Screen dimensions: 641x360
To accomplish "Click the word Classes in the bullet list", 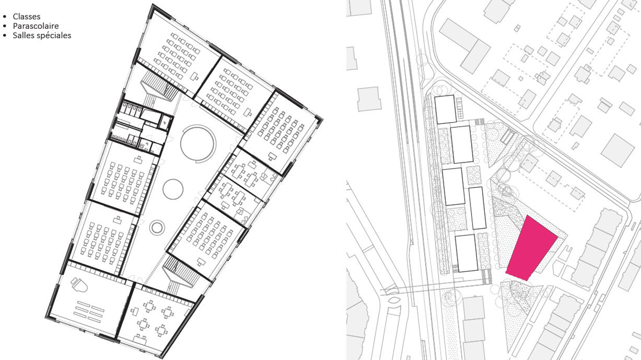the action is pyautogui.click(x=27, y=16).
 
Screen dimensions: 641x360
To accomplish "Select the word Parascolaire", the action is pyautogui.click(x=36, y=26).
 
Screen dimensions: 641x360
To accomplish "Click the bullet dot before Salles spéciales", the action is pyautogui.click(x=5, y=35).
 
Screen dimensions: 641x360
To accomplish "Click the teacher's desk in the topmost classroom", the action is pyautogui.click(x=195, y=76).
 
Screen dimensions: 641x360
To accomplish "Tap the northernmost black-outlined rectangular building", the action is pyautogui.click(x=445, y=109).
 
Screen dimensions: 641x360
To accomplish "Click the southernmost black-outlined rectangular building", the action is pyautogui.click(x=467, y=253).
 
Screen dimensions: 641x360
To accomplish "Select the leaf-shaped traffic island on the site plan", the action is pyautogui.click(x=394, y=301).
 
